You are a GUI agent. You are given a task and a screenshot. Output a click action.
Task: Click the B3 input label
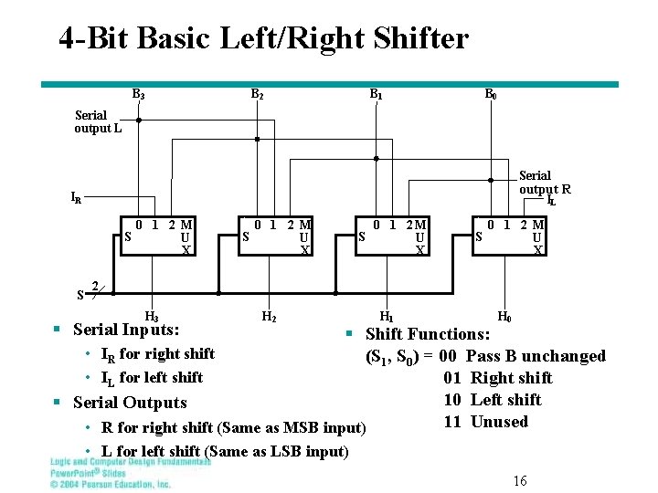(x=138, y=94)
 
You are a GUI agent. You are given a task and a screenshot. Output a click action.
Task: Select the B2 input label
(x=257, y=94)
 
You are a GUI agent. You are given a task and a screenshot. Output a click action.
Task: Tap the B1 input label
(x=376, y=94)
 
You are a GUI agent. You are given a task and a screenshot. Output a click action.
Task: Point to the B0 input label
(x=491, y=94)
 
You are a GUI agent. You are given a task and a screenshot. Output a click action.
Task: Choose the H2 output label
(x=269, y=317)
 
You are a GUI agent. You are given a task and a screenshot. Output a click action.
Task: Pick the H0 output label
(x=504, y=317)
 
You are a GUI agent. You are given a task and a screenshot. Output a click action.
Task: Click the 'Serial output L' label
(x=98, y=121)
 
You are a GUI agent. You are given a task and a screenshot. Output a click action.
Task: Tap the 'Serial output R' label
(x=544, y=182)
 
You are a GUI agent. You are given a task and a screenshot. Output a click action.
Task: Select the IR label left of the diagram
(x=76, y=196)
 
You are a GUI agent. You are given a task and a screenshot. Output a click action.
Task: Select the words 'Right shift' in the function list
(x=511, y=378)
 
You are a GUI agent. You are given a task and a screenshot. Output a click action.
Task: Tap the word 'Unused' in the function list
(x=499, y=422)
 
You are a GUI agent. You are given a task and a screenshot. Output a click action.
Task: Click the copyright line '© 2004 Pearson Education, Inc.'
(x=111, y=484)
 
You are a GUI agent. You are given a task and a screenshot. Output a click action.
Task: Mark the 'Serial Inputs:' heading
(x=125, y=330)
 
